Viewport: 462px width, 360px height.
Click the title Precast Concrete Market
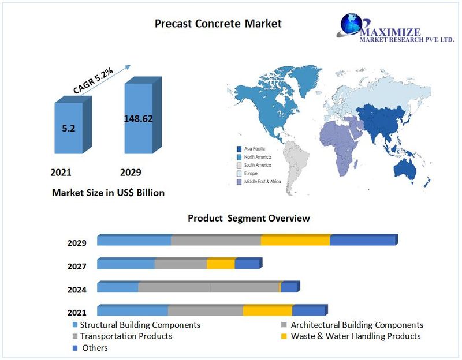coord(218,24)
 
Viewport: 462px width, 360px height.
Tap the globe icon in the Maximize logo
coord(351,24)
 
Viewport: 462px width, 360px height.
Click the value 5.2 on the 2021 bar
coord(69,128)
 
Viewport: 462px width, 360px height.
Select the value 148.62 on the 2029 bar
coord(139,119)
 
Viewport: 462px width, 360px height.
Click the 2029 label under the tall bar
coord(131,172)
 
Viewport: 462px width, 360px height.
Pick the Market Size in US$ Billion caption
coord(108,193)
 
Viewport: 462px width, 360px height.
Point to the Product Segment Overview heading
coord(248,219)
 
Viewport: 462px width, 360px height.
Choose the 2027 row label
coord(77,267)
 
